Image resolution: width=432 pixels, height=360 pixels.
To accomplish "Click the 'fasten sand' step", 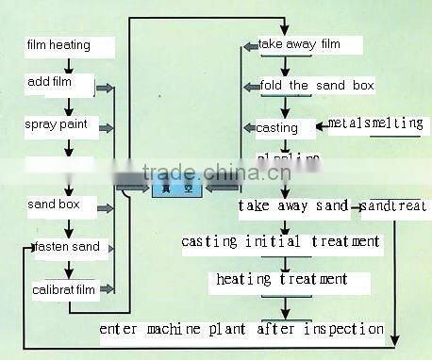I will [x=66, y=248].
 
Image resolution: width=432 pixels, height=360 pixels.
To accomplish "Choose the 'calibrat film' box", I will [x=64, y=288].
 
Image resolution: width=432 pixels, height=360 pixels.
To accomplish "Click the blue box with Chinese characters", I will [x=176, y=188].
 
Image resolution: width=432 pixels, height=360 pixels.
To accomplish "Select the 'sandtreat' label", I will [x=394, y=205].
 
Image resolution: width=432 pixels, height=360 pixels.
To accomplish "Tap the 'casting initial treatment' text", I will [x=281, y=242].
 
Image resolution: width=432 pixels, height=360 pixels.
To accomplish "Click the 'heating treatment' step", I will [x=281, y=280].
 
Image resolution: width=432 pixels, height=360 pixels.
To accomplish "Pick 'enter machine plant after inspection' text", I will [x=241, y=329].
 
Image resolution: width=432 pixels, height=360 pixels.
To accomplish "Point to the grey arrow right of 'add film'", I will [x=104, y=88].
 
